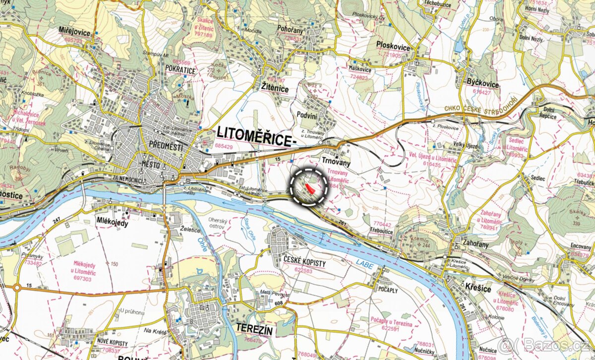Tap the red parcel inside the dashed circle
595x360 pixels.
[310, 188]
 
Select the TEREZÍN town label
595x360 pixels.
[254, 328]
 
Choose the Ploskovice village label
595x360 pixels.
[393, 48]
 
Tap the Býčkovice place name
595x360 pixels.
[482, 84]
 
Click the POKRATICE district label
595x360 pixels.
[181, 70]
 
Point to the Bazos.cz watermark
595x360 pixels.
[545, 344]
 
